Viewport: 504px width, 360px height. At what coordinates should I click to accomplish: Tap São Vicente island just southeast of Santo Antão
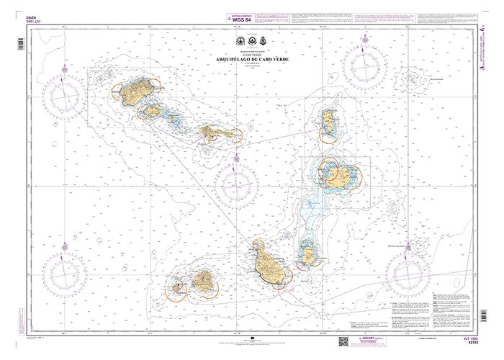153,111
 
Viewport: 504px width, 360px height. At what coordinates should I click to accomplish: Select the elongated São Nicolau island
213,132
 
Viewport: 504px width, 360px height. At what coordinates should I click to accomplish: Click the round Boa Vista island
338,175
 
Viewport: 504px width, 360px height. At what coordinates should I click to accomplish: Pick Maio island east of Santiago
308,252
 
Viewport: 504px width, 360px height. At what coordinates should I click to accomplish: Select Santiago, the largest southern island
270,266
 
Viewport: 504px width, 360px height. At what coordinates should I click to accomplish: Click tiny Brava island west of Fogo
176,287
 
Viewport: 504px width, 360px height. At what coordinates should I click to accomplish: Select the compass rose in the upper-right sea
367,65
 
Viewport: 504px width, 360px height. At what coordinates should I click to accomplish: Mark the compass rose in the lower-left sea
65,274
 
